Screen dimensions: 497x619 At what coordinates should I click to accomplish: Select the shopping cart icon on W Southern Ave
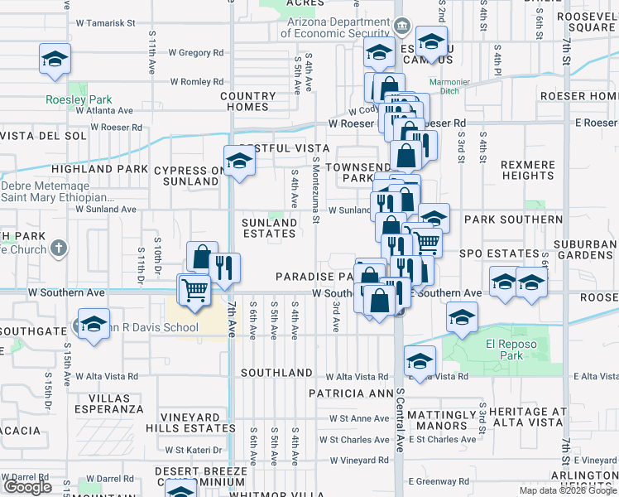194,291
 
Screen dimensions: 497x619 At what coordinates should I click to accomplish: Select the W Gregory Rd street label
196,53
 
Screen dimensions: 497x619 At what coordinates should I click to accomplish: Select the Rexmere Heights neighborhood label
528,171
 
